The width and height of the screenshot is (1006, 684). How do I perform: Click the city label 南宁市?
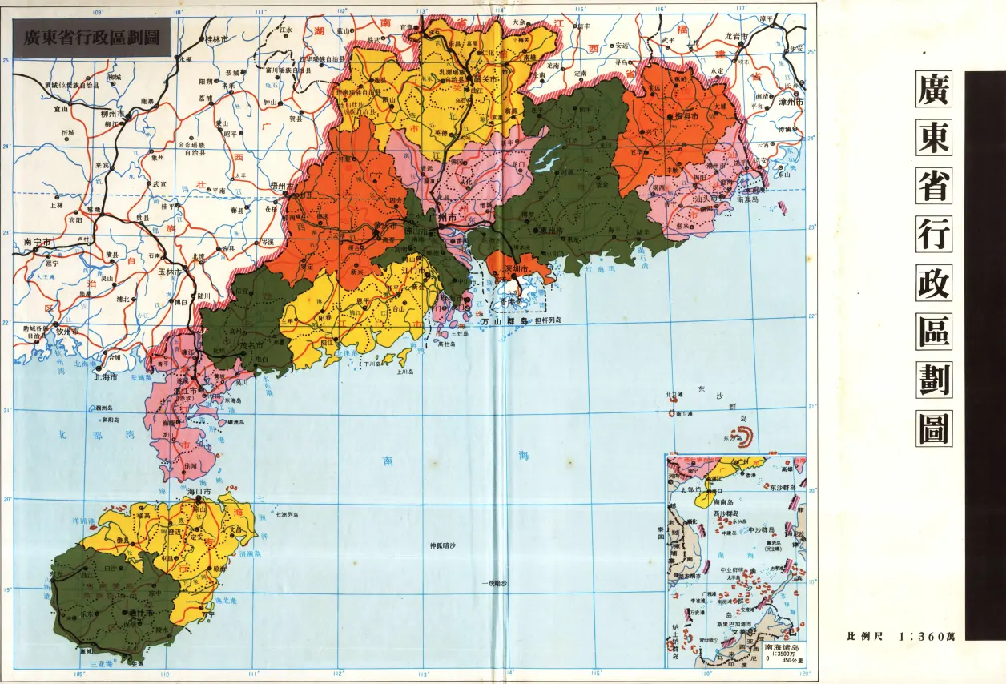[x=38, y=240]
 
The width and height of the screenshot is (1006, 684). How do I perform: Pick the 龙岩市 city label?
[x=735, y=37]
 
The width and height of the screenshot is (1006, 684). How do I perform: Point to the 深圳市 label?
[x=519, y=268]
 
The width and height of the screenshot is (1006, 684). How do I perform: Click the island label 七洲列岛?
[x=288, y=514]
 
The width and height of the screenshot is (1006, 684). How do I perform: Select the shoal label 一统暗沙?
[x=494, y=584]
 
